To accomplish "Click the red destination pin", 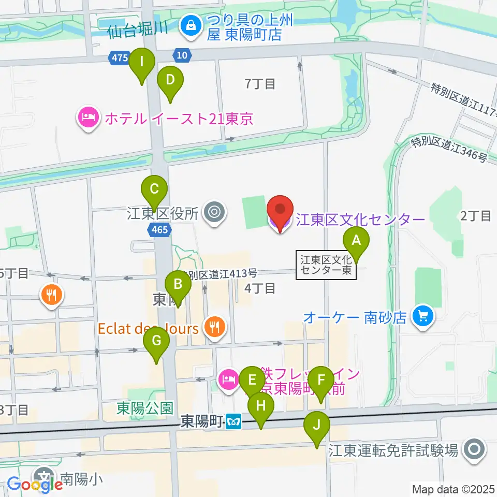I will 280,213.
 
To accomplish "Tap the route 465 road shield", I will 160,229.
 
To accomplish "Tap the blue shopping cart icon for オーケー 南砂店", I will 423,316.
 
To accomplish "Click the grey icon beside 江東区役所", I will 213,212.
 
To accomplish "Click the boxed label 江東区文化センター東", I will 326,265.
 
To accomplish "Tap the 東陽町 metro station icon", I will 234,422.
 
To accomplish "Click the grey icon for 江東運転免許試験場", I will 473,450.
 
